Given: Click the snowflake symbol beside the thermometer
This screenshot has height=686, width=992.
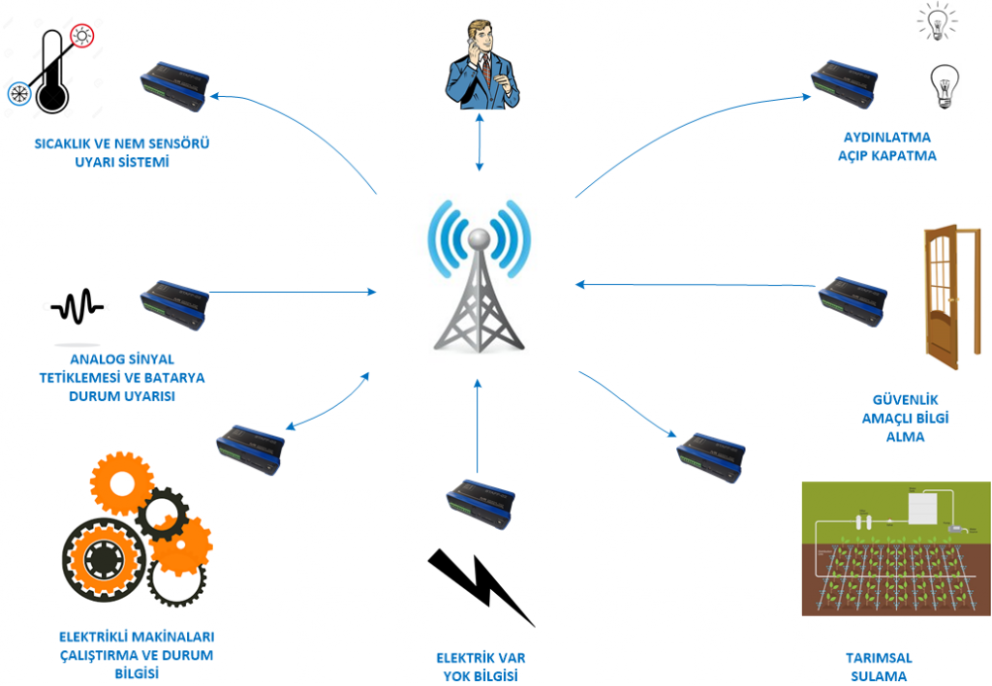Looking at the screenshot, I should tap(16, 93).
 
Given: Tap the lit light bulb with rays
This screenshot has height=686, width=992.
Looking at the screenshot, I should tap(937, 21).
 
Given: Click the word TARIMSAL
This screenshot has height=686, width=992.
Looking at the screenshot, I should tap(879, 658).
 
